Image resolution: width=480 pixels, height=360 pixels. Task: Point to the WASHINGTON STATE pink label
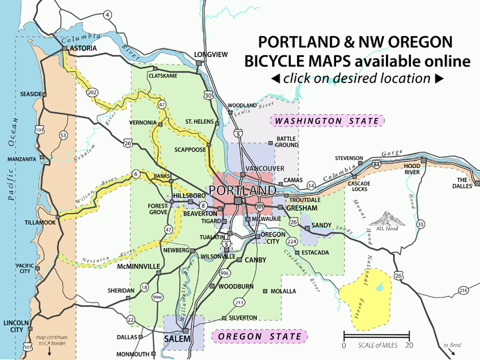click(328, 122)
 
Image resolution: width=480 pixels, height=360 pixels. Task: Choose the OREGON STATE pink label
click(259, 337)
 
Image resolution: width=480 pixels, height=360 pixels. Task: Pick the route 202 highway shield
click(92, 92)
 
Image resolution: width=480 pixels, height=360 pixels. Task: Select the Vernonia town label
click(143, 123)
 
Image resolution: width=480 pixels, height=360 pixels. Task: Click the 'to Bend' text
click(453, 345)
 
